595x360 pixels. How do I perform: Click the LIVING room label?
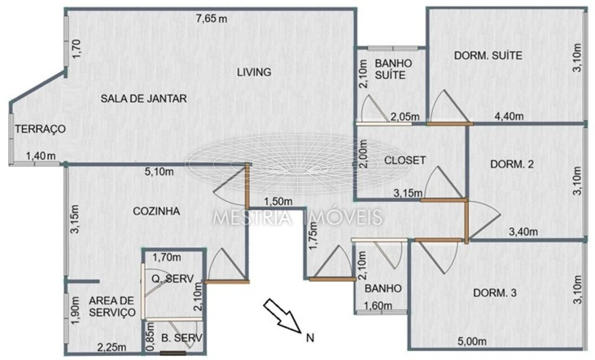coord(254,72)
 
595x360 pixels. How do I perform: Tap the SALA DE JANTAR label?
coord(144,99)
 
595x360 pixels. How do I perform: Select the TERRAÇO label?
coord(40,129)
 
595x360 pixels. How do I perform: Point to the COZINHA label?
coord(157,211)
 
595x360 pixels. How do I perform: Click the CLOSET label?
coord(405,160)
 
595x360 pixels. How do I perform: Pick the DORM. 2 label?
coord(512,164)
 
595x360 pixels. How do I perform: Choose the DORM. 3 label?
coord(495,293)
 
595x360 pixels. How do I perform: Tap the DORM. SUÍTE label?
coord(488,55)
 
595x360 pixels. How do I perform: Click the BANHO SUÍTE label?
coord(393,69)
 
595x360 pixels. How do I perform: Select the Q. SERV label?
coord(172,279)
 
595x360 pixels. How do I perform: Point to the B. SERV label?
coord(182,338)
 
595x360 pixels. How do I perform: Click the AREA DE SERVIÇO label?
coord(112,307)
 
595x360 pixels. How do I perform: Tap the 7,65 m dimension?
coord(212,19)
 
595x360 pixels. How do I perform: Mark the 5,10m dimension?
coord(159,172)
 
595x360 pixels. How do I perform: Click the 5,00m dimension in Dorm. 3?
coord(472,341)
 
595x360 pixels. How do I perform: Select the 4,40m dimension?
coord(509,116)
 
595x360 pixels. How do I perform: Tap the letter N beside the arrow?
coord(310,338)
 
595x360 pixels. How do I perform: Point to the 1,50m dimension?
coord(278,201)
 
